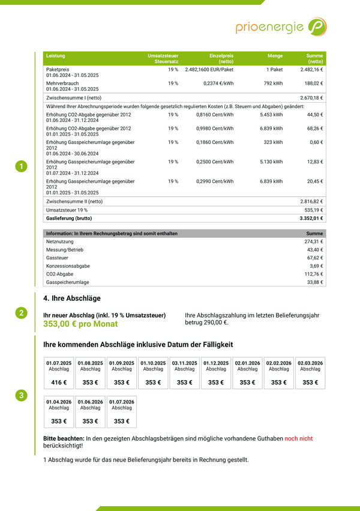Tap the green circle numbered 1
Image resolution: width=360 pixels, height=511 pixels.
[21, 166]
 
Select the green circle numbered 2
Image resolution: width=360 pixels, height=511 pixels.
[21, 312]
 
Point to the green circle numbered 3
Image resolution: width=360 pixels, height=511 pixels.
[21, 395]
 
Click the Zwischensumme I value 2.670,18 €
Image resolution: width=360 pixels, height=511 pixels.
[311, 97]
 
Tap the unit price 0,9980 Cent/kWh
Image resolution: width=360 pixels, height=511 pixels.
[215, 129]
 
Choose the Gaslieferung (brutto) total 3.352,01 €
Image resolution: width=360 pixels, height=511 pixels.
[310, 219]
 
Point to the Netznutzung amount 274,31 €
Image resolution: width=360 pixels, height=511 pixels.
[313, 241]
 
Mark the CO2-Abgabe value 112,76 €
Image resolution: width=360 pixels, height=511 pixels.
[313, 274]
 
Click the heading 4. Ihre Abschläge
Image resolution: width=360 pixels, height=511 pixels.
[72, 298]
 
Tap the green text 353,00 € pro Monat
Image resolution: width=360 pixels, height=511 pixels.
[80, 324]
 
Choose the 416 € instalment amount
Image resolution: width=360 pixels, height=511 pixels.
[59, 382]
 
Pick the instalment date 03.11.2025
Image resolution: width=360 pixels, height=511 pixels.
[184, 363]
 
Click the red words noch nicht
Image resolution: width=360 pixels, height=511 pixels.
[298, 439]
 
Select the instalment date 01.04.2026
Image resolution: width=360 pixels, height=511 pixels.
[59, 402]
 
